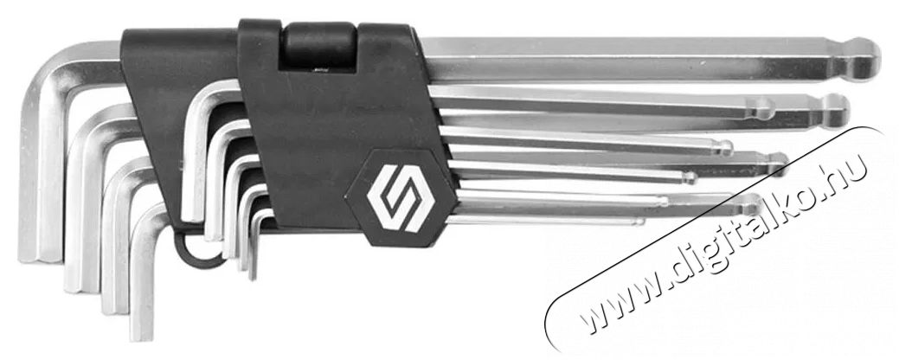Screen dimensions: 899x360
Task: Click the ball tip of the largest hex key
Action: tap(864, 59)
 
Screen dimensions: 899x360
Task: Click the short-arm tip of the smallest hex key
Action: tap(253, 275)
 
